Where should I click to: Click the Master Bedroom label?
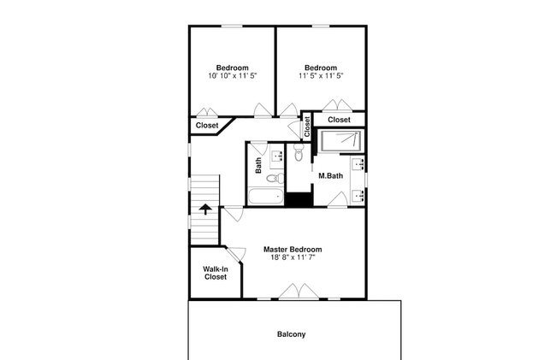click(293, 250)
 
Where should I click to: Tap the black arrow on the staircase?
click(205, 209)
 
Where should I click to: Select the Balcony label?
click(291, 334)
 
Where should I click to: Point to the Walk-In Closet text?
click(216, 273)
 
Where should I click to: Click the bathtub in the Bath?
click(265, 197)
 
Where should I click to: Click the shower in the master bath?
click(340, 141)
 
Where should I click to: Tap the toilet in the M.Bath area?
click(299, 152)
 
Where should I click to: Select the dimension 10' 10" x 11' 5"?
click(233, 76)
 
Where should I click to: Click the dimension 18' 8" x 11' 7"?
click(293, 257)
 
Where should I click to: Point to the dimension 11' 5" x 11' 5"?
click(321, 76)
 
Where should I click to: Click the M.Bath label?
click(330, 176)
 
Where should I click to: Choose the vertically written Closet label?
click(307, 127)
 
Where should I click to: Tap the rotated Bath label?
click(258, 166)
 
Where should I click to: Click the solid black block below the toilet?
click(299, 199)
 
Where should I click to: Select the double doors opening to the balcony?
click(299, 292)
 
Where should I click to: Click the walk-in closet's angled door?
click(236, 254)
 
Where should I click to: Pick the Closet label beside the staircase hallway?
click(207, 126)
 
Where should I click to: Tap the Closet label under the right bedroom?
click(339, 120)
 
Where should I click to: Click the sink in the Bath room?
click(277, 156)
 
